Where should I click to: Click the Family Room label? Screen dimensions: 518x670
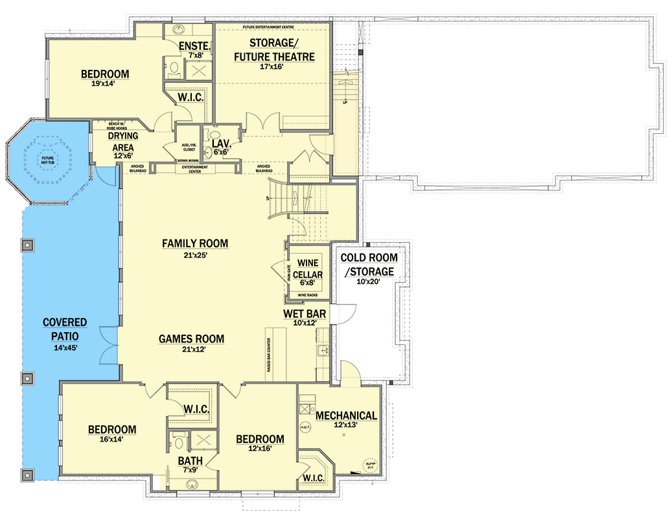pos(195,243)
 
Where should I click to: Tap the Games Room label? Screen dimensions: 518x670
pos(192,339)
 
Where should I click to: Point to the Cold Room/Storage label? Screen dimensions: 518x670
pos(369,264)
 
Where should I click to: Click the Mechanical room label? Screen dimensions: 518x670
pos(345,416)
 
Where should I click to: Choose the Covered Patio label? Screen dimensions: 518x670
pos(65,329)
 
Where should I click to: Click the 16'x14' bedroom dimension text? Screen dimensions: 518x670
pos(111,439)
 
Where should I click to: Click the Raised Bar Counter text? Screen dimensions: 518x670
pos(268,355)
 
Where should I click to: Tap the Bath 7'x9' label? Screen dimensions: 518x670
pos(191,461)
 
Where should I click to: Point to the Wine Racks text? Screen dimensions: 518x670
pos(308,295)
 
